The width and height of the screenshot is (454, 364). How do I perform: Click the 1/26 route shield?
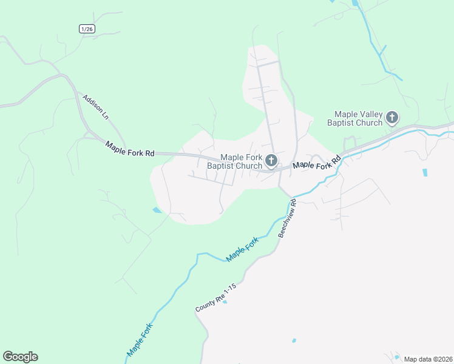click(87, 29)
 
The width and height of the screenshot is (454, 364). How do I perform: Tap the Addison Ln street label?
click(97, 106)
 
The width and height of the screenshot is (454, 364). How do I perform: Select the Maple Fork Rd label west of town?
click(129, 149)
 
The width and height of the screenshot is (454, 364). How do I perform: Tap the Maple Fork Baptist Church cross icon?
click(271, 161)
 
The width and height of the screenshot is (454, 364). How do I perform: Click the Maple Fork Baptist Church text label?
click(237, 161)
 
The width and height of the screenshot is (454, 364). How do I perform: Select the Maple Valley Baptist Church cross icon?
click(392, 118)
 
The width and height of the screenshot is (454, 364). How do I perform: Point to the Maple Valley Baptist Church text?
click(359, 118)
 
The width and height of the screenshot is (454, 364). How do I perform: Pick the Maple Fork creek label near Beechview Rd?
click(242, 249)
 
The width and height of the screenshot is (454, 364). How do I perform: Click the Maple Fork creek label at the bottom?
click(140, 340)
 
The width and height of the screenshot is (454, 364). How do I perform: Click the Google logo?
click(20, 357)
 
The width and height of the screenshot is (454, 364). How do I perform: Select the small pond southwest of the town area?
click(157, 210)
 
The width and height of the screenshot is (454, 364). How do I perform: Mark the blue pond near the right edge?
click(424, 172)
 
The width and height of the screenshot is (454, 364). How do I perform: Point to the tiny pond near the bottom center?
click(294, 341)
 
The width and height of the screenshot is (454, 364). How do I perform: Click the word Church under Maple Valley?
click(370, 123)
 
